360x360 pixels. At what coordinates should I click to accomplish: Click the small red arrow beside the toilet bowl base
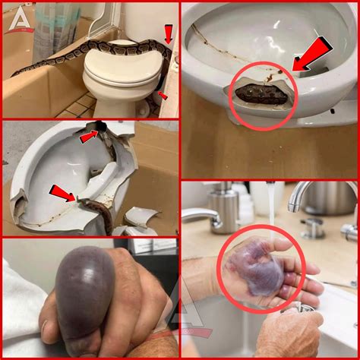tap(161, 96)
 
